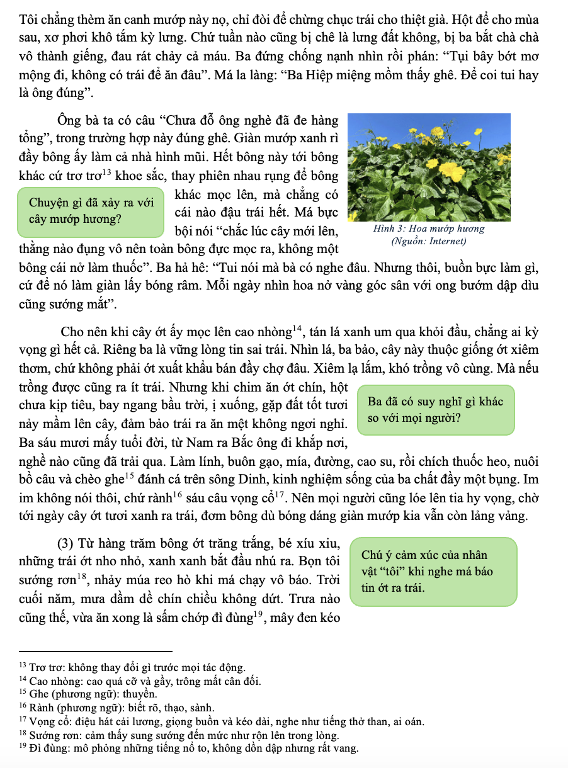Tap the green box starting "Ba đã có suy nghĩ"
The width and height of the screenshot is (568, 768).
[436, 410]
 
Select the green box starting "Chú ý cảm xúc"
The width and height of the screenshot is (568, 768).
[433, 572]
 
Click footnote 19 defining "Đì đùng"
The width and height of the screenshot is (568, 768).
[190, 748]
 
